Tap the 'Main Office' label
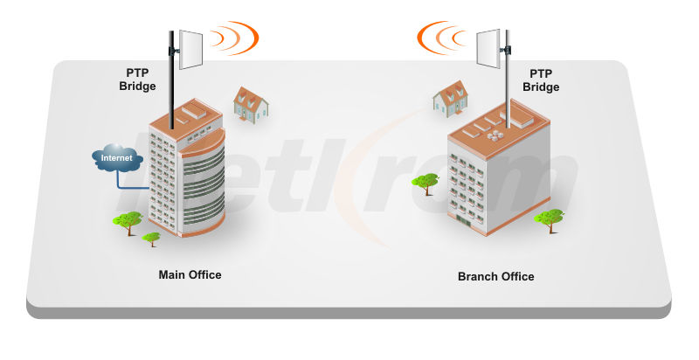click(190, 274)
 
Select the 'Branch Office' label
click(495, 276)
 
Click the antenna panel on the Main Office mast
click(191, 48)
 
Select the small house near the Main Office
click(250, 103)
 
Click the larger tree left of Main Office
click(128, 221)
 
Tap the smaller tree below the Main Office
click(152, 238)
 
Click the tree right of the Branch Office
click(550, 218)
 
